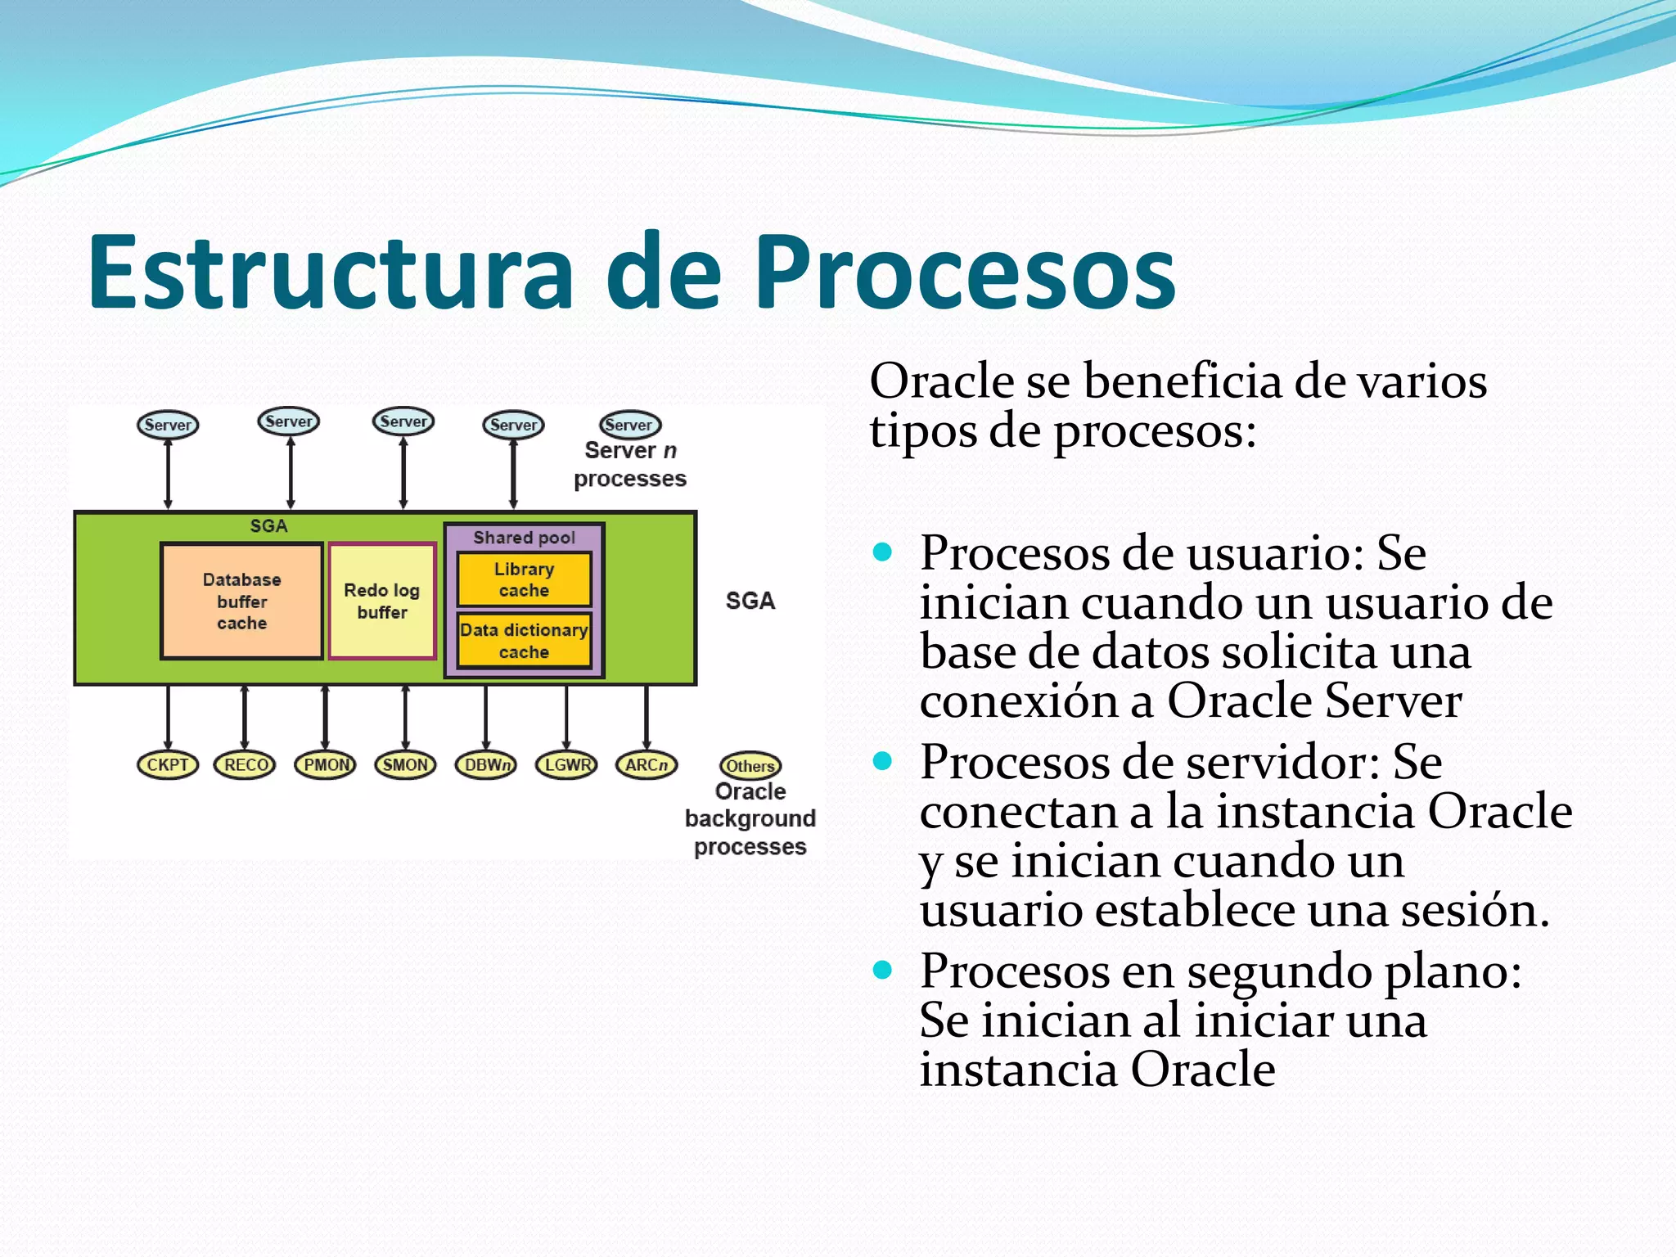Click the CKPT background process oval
[168, 765]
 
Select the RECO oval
[245, 765]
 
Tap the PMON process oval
[326, 765]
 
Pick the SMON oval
[405, 765]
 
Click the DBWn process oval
[486, 765]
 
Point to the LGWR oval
[566, 765]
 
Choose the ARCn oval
[647, 765]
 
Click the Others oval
[750, 766]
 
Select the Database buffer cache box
[241, 601]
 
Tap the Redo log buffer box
[382, 601]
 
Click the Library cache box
[524, 579]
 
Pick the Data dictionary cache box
[524, 641]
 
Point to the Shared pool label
[524, 538]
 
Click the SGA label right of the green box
[750, 601]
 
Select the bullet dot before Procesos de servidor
[882, 762]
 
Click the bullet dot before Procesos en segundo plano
[882, 971]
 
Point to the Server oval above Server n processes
[629, 425]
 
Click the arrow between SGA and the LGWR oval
[566, 718]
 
